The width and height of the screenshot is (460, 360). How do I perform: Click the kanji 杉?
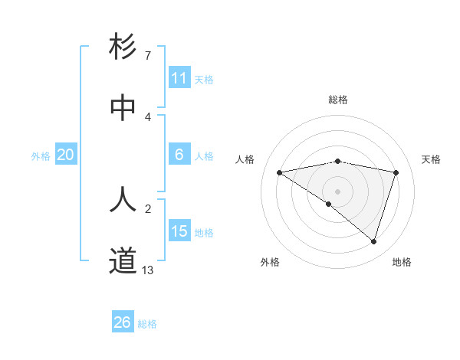point(123,47)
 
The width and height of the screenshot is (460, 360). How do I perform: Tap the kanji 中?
point(123,108)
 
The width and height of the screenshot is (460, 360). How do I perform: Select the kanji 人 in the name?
point(123,199)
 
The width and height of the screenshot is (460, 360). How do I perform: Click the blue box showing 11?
point(179,78)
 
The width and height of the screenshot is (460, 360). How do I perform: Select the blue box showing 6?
point(179,155)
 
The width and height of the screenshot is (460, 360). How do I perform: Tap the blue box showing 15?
point(179,231)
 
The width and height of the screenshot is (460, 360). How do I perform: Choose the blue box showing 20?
point(65,155)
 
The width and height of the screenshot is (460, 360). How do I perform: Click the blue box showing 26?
point(123,322)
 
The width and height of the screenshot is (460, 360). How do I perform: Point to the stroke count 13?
point(148,270)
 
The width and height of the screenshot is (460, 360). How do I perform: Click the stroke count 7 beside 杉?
point(148,55)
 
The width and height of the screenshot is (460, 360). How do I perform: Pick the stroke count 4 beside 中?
point(148,116)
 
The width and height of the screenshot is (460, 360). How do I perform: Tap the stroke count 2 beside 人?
point(148,208)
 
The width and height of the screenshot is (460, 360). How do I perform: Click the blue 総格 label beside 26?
point(147,324)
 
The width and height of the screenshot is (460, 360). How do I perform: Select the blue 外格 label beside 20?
point(41,156)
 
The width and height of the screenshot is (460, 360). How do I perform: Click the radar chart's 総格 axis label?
point(337,100)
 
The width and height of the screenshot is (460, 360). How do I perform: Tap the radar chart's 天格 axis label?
point(432,159)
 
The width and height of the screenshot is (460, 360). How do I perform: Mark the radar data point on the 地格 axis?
point(373,241)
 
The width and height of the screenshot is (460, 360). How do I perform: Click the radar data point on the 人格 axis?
point(280,172)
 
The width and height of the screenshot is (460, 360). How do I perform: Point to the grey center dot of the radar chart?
point(337,191)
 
